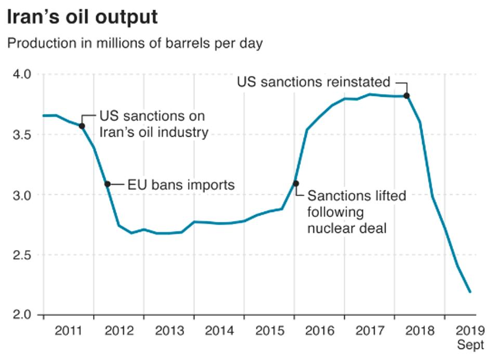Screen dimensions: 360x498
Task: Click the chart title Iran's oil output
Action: (x=82, y=17)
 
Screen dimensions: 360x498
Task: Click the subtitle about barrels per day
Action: (x=135, y=43)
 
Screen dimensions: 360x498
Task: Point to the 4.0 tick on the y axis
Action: (x=22, y=74)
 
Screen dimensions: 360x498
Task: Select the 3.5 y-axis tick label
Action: (x=22, y=135)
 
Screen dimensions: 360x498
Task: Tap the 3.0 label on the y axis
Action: (x=22, y=195)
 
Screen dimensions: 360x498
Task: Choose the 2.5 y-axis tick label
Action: (x=22, y=255)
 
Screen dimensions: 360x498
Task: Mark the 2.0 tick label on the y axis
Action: (x=22, y=315)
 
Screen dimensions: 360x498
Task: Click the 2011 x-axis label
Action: (x=69, y=330)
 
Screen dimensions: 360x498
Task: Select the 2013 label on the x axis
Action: (x=168, y=330)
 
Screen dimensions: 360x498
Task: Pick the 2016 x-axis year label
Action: (x=319, y=330)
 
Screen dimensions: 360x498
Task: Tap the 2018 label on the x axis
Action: (x=419, y=330)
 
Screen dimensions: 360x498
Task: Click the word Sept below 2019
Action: (x=470, y=344)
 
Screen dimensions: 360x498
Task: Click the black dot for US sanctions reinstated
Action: (x=407, y=96)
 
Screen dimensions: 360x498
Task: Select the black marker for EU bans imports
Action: (x=107, y=184)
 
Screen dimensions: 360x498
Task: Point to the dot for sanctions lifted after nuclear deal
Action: (x=295, y=183)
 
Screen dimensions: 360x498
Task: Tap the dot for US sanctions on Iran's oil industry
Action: (x=82, y=126)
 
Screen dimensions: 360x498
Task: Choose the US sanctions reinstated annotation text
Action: (x=313, y=82)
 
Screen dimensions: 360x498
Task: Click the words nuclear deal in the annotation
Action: (x=347, y=227)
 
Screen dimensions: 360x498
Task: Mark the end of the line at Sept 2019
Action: (x=470, y=292)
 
